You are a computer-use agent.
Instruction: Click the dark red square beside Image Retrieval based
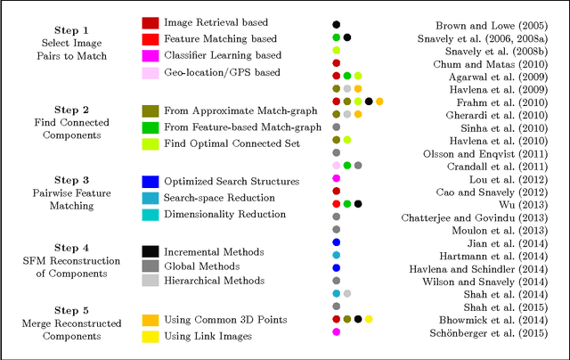151,22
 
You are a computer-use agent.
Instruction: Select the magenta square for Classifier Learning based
151,56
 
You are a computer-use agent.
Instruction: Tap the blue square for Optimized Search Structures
151,181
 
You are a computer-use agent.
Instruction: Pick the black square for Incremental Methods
151,248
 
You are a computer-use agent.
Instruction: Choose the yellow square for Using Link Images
151,337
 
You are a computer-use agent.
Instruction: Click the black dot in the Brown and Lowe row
336,24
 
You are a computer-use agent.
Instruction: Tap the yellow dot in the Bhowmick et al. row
369,318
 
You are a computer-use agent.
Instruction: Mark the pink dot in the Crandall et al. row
336,165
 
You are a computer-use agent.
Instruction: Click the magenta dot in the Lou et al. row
336,178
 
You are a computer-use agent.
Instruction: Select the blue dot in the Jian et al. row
336,241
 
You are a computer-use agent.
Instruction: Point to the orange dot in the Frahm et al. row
379,102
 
